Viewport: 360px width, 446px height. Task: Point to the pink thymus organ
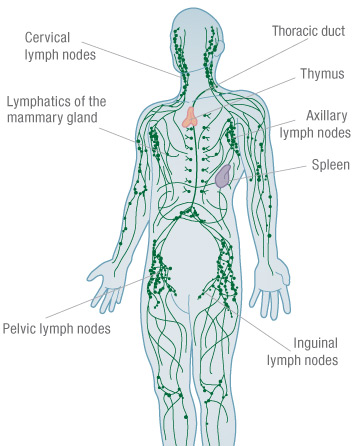[x=189, y=115]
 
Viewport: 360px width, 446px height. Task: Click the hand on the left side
[x=109, y=276]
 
